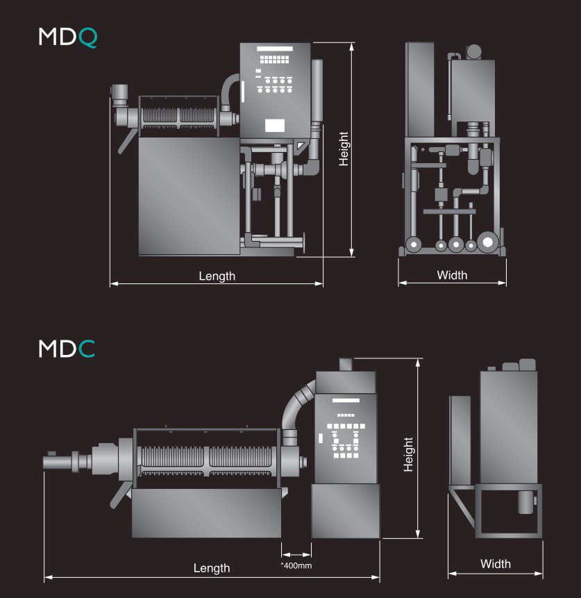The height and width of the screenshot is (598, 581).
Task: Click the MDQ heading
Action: pos(68,38)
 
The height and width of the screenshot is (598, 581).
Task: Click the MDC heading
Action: pos(67,349)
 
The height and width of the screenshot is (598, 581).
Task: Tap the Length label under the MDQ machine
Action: pos(217,276)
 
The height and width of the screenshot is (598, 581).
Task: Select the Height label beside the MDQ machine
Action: pos(344,149)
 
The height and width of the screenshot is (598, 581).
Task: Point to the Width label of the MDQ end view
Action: pos(452,275)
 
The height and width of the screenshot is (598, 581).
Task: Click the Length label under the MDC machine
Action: pos(212,568)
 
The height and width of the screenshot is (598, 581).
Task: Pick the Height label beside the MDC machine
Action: pos(408,455)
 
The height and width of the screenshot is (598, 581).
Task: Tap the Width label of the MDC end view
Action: pos(496,564)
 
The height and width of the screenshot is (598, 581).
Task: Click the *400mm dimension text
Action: pos(296,565)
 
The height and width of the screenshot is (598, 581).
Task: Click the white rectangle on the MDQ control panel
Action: pos(275,126)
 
